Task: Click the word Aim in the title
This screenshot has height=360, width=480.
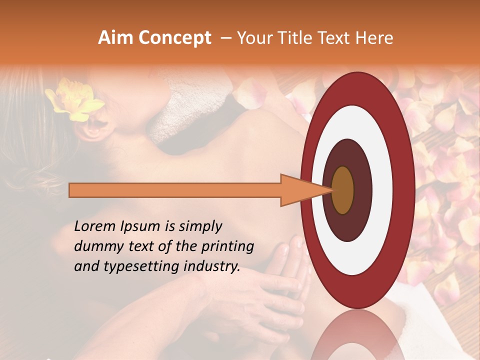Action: click(x=115, y=38)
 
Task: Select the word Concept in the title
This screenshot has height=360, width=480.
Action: click(x=174, y=38)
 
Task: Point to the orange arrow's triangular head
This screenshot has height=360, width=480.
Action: click(x=305, y=190)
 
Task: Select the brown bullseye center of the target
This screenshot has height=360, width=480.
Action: click(x=343, y=190)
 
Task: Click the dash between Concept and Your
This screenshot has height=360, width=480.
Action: click(x=225, y=38)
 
